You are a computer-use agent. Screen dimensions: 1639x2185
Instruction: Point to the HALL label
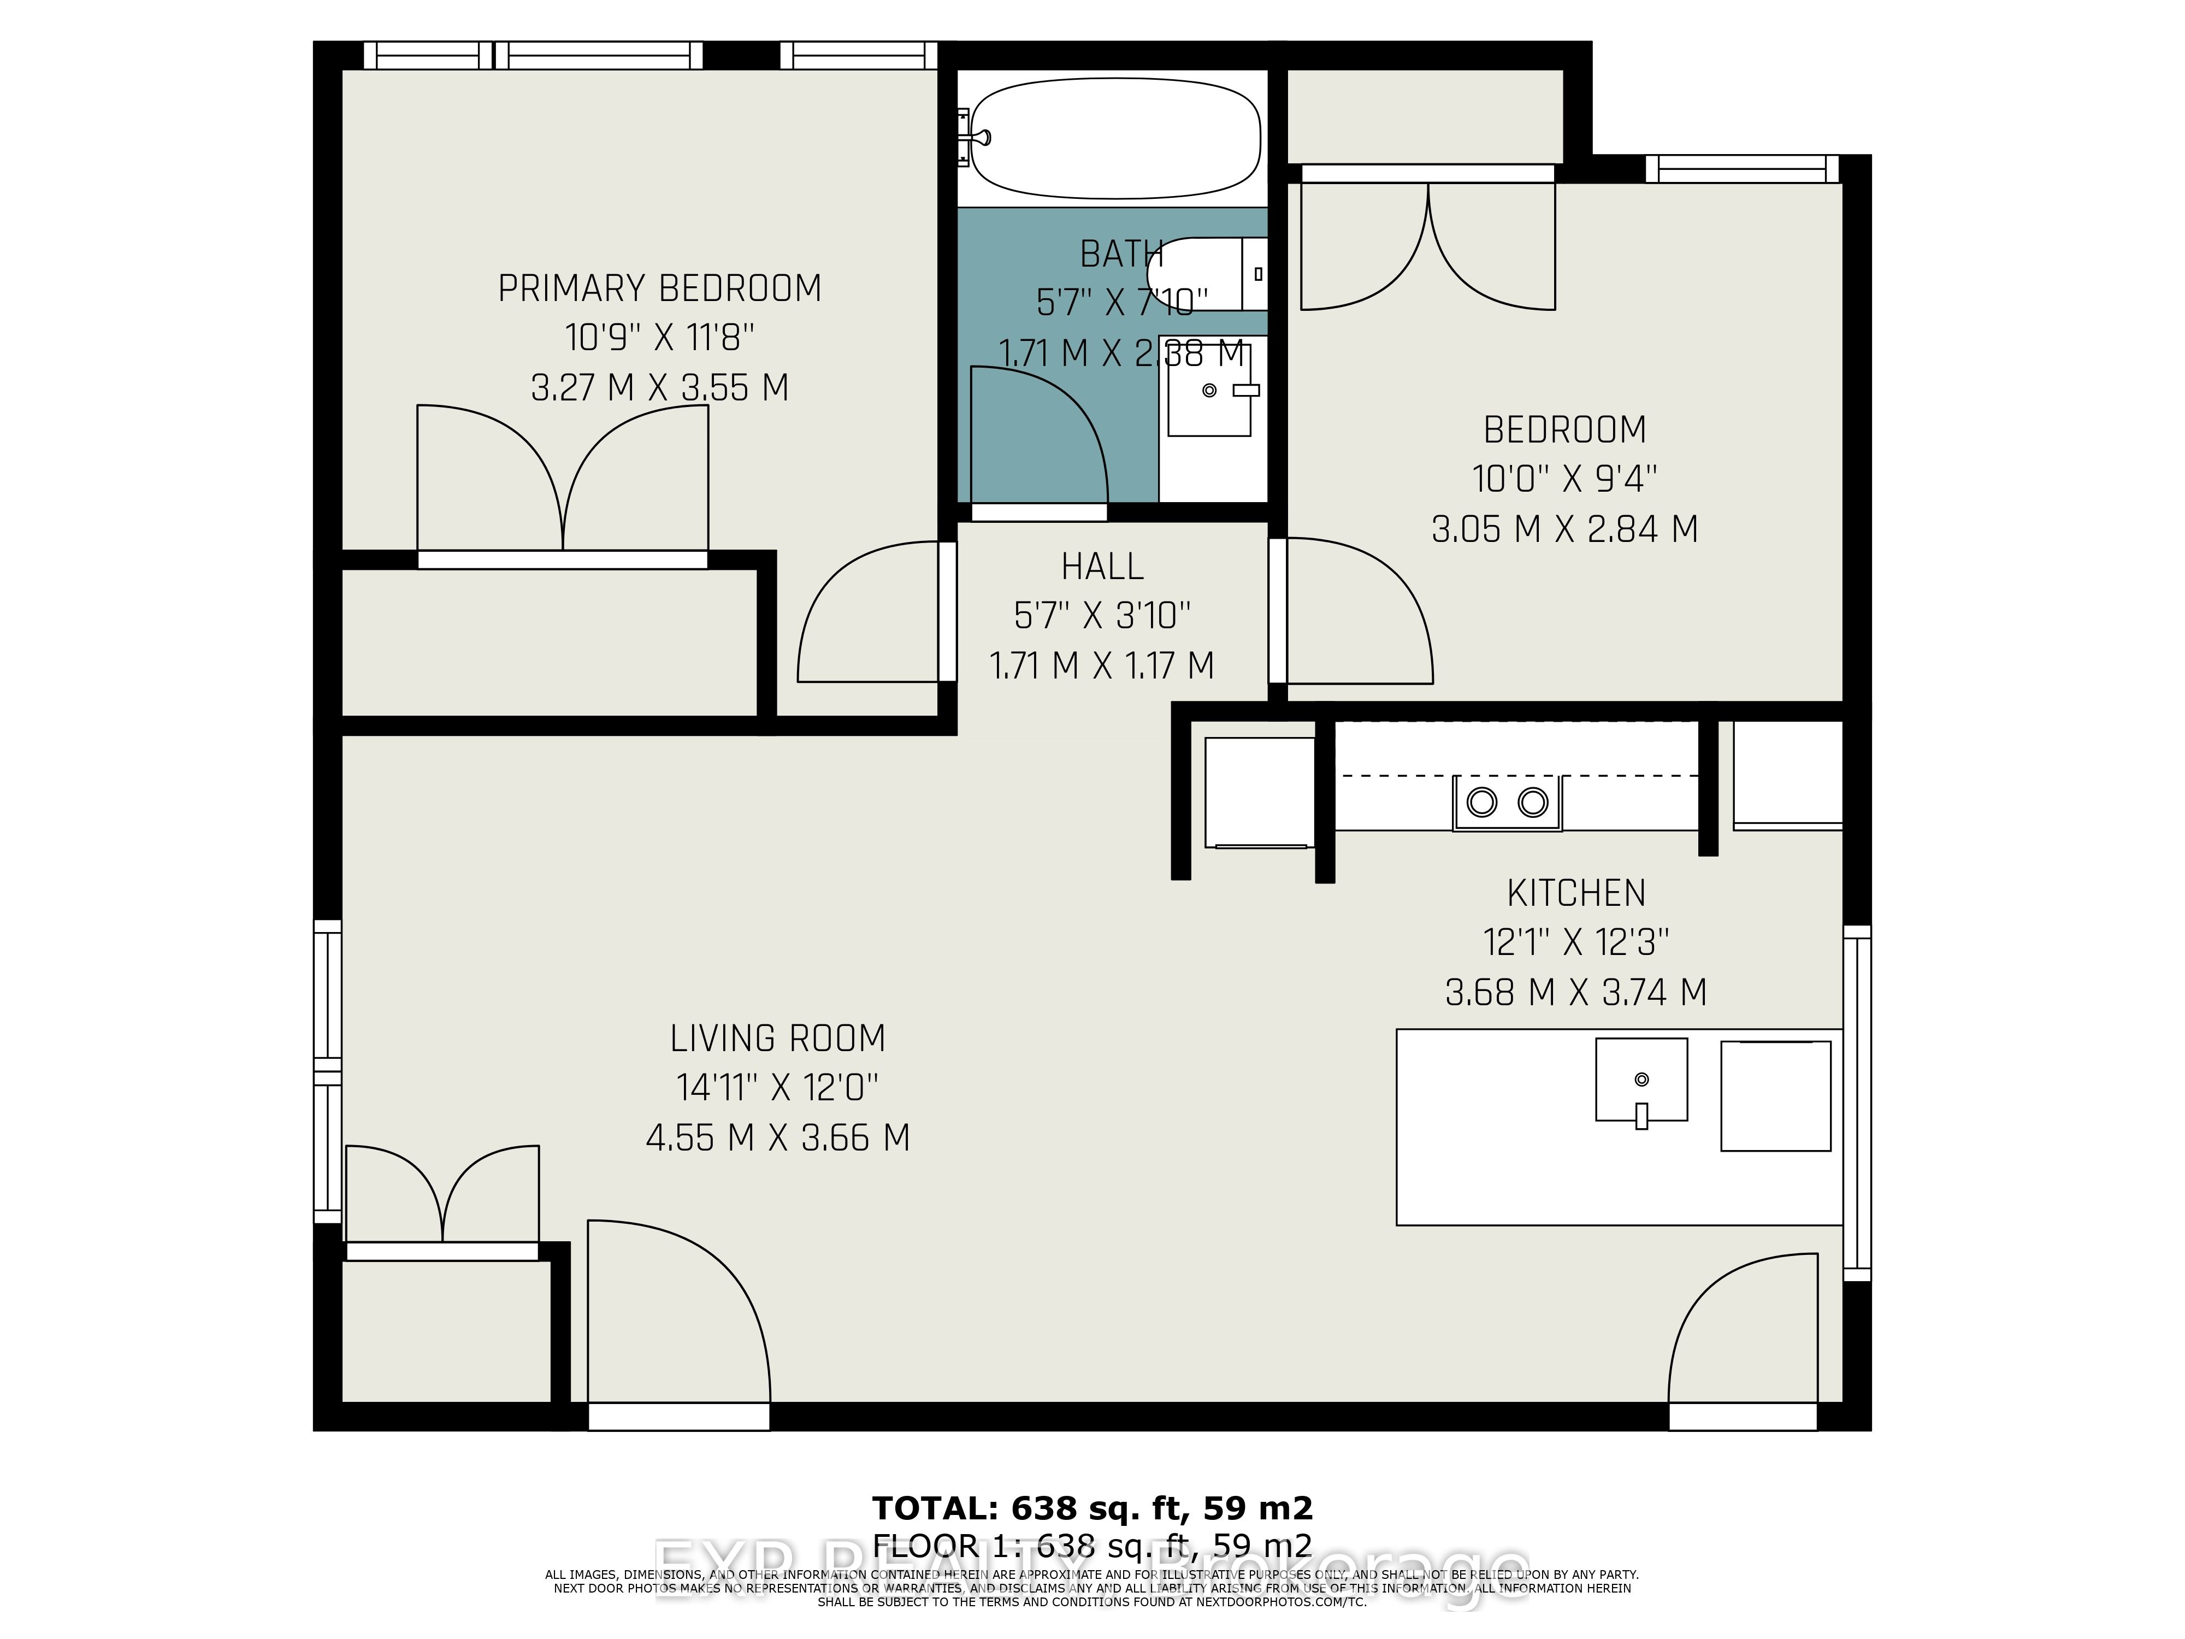coord(1102,567)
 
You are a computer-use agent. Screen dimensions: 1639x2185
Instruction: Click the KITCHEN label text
coord(1576,893)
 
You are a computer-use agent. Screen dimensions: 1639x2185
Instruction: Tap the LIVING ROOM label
coord(777,1039)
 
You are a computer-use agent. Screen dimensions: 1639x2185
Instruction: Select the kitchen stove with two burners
coord(1507,802)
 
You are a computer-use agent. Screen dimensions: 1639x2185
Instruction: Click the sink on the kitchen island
coord(1641,1080)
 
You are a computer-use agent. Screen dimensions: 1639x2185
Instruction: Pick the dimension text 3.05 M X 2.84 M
coord(1564,529)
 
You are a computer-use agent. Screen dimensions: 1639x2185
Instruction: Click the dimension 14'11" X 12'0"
coord(777,1088)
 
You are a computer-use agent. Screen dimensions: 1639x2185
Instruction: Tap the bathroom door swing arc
coord(1037,435)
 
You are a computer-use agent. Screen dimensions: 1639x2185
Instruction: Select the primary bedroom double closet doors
coord(562,479)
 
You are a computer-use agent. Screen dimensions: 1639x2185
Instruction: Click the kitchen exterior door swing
coord(1744,1329)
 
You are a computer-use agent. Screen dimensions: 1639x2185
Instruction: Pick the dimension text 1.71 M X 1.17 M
coord(1102,666)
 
